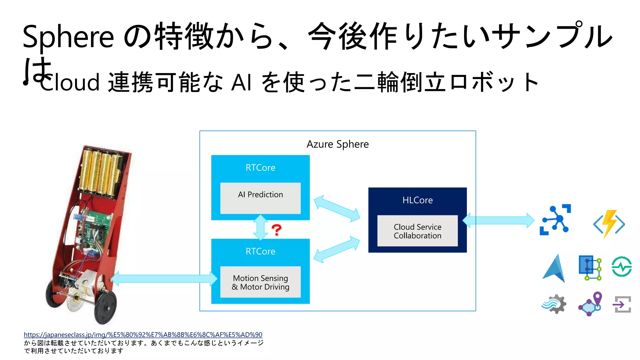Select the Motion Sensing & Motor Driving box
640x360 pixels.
point(260,282)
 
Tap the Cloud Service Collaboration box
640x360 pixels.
point(417,231)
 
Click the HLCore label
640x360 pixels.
point(417,200)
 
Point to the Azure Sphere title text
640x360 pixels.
point(337,144)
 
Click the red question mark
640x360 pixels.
point(276,230)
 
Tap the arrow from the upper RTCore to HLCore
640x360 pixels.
point(337,208)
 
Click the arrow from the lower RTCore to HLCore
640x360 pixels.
point(337,249)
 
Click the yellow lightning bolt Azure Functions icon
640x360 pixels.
point(609,224)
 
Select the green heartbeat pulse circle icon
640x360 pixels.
point(622,267)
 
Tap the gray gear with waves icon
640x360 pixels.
point(554,304)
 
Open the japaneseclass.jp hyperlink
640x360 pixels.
point(143,335)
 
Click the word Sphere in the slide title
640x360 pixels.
point(68,37)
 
